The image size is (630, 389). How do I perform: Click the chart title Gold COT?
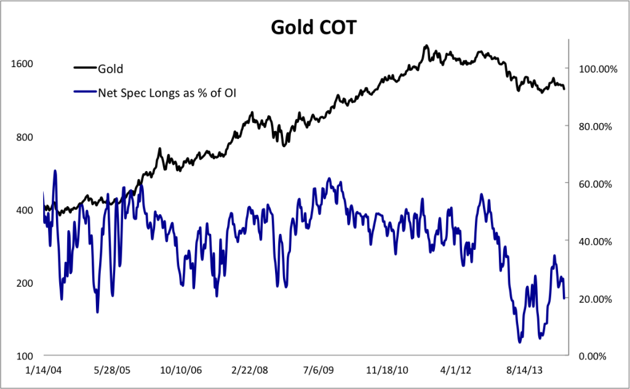(x=314, y=28)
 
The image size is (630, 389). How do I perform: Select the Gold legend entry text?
(x=111, y=68)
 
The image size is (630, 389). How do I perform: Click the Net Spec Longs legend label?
(x=167, y=93)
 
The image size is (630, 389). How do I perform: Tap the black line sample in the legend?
(x=85, y=68)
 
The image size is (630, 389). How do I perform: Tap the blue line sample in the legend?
(x=85, y=93)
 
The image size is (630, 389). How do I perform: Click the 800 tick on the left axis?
(x=24, y=137)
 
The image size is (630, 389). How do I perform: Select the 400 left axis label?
(x=24, y=210)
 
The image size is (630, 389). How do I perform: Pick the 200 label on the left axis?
(x=24, y=283)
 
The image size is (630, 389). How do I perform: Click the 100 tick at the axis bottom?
(x=24, y=356)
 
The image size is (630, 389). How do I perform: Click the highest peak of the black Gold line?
(x=426, y=46)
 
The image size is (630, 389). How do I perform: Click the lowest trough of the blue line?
(x=520, y=342)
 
